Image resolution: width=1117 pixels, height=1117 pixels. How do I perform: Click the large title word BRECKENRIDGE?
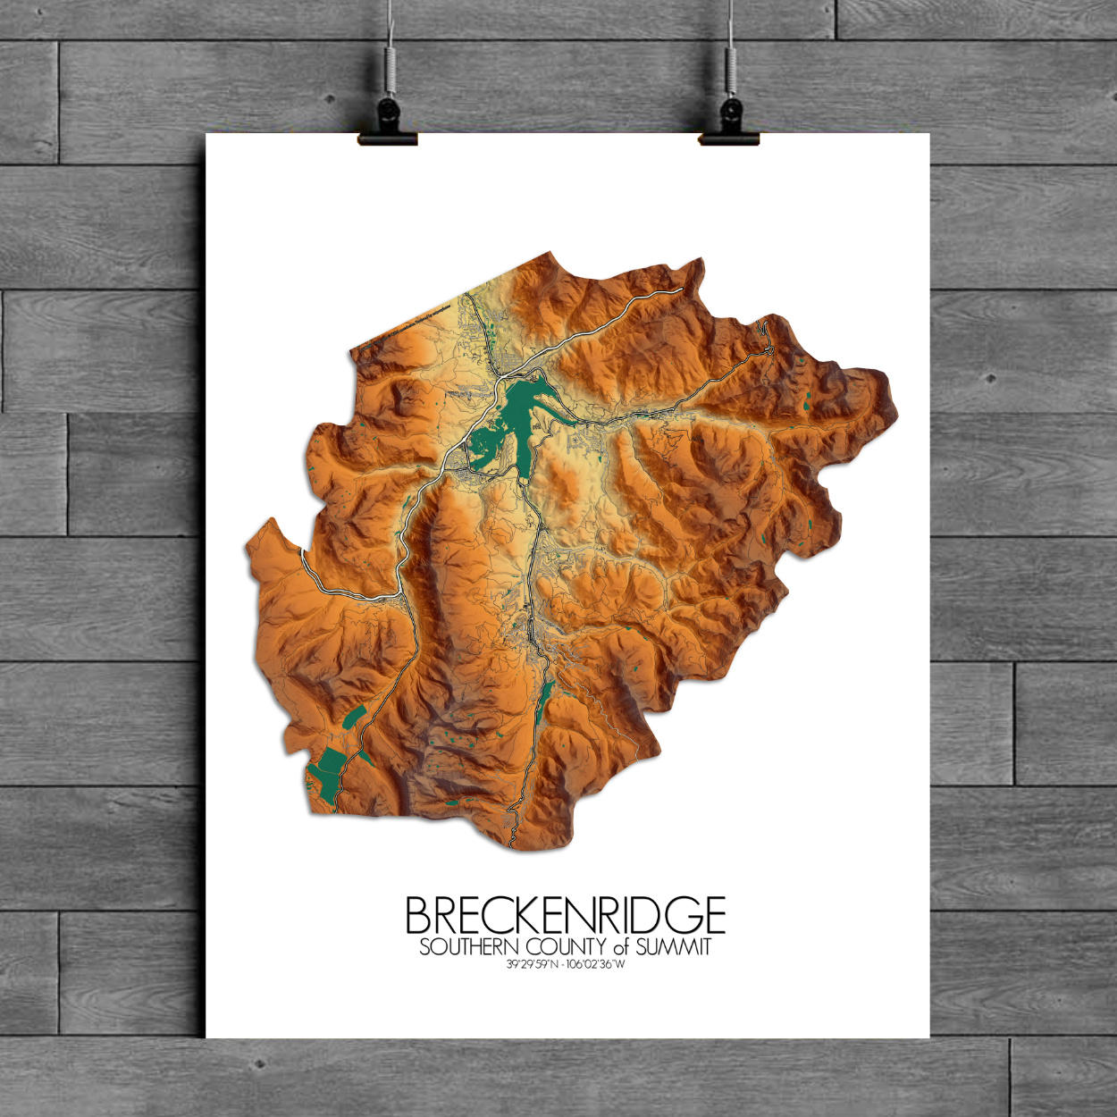coord(565,915)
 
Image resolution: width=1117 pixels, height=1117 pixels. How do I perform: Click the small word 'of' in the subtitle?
coord(622,947)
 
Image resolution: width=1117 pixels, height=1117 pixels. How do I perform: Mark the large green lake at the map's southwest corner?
coord(325,770)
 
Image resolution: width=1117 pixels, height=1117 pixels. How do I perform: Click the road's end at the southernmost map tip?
coord(511,844)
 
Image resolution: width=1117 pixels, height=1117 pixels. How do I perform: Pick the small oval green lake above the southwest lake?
coord(353,717)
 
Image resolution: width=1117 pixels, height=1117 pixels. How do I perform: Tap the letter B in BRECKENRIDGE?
coord(420,915)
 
